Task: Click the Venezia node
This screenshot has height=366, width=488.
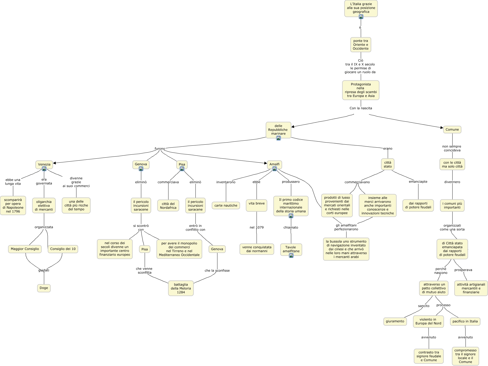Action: [x=44, y=164]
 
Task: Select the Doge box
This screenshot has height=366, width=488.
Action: [x=44, y=288]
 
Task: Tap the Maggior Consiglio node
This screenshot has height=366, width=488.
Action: [x=25, y=249]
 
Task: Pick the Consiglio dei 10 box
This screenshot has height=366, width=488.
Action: [x=63, y=249]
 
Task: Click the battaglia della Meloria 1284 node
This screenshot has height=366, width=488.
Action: [x=181, y=288]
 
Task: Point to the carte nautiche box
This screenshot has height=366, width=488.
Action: [x=226, y=205]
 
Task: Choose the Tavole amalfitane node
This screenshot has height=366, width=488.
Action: [x=291, y=249]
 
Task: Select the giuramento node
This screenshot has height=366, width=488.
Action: [x=395, y=321]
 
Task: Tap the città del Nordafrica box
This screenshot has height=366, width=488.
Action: [x=168, y=206]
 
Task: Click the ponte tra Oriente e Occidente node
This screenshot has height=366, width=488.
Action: [x=361, y=45]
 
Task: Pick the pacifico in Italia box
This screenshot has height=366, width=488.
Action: [x=465, y=321]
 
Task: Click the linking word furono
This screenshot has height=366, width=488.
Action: [x=160, y=149]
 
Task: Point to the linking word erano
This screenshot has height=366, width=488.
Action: [x=388, y=149]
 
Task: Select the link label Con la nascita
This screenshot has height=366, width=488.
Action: [x=361, y=108]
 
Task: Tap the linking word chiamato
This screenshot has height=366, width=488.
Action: [x=291, y=227]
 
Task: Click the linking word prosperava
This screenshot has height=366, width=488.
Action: [x=463, y=270]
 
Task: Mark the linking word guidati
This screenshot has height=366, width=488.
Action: [x=44, y=270]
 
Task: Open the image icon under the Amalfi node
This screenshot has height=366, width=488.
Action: [x=275, y=169]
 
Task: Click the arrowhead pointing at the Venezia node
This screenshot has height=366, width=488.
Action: [x=54, y=163]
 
